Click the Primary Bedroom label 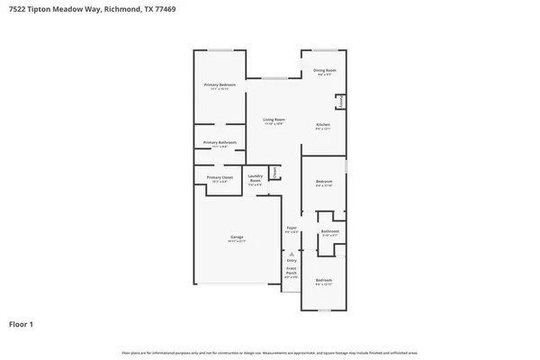(x=220, y=85)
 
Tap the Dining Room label (x=325, y=70)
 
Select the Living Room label (x=274, y=120)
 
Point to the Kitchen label (x=323, y=124)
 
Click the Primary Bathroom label (x=220, y=142)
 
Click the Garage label (x=237, y=238)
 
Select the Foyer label (x=292, y=229)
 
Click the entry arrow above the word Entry (x=292, y=254)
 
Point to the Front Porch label (x=292, y=272)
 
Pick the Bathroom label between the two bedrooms (x=329, y=231)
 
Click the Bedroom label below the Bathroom (x=323, y=281)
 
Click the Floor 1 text (x=22, y=323)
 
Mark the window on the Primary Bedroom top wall (x=220, y=50)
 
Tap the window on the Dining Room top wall (x=325, y=50)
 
